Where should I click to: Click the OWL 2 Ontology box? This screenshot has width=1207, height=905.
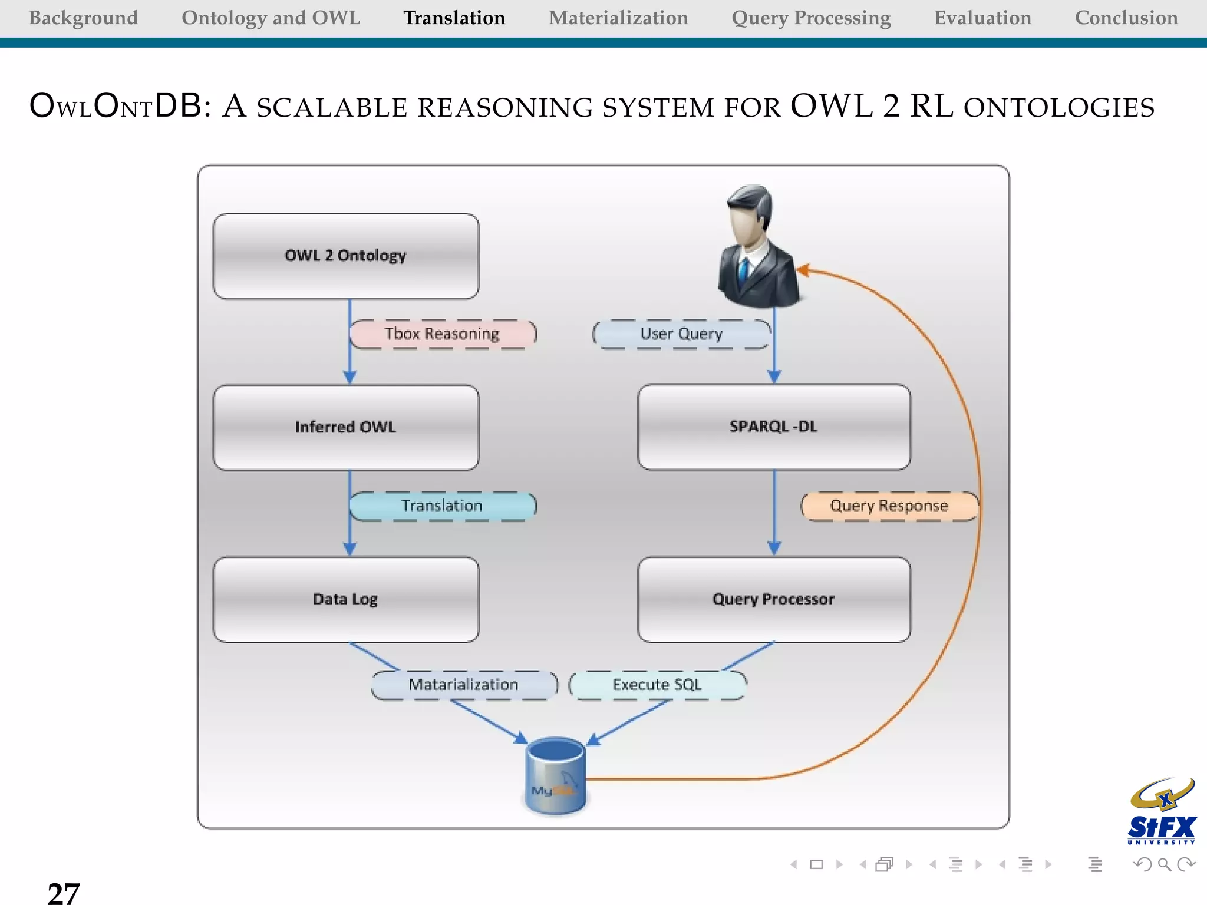coord(346,256)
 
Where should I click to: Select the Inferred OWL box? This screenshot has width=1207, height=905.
coord(346,427)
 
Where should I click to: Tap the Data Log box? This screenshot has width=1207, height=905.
coord(346,599)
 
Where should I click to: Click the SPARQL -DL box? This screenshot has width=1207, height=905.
coord(774,427)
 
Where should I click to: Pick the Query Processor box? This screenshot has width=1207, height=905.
coord(774,599)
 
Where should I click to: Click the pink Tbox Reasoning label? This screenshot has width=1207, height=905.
coord(443,334)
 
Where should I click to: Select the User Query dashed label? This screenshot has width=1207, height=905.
coord(681,334)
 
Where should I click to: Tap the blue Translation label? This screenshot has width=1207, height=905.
coord(443,506)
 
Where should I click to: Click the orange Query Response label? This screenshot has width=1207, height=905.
coord(889,506)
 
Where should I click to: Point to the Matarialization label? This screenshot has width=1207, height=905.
coord(464,685)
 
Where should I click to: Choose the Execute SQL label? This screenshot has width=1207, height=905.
coord(657,685)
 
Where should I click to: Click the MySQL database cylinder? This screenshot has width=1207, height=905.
coord(555,776)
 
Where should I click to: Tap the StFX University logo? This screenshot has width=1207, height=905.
coord(1162,812)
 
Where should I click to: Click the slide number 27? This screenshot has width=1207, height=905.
coord(63,893)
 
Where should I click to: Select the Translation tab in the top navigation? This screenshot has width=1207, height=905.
coord(454,18)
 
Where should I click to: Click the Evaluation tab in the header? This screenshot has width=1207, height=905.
coord(982,18)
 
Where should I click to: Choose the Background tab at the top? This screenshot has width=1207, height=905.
coord(83,18)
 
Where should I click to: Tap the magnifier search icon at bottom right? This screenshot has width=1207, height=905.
coord(1164,864)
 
